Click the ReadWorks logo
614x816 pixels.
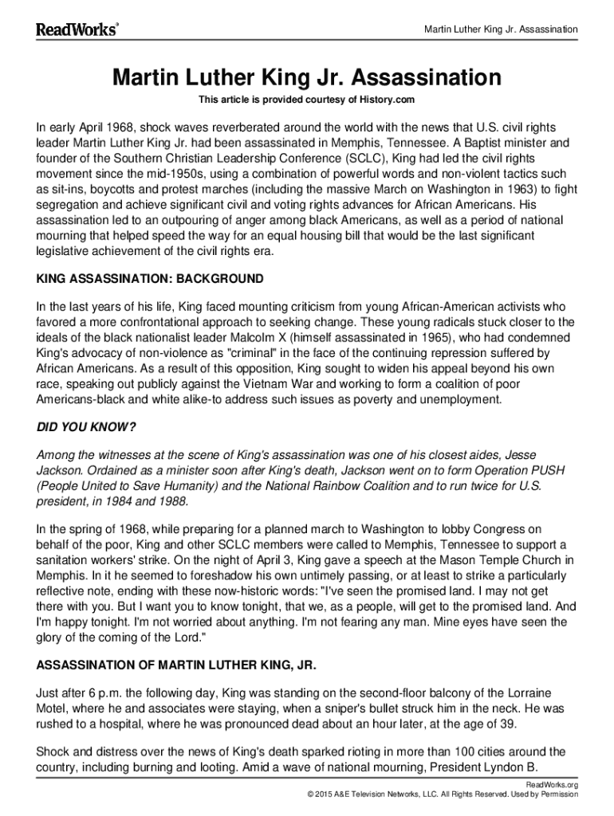coord(77,29)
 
